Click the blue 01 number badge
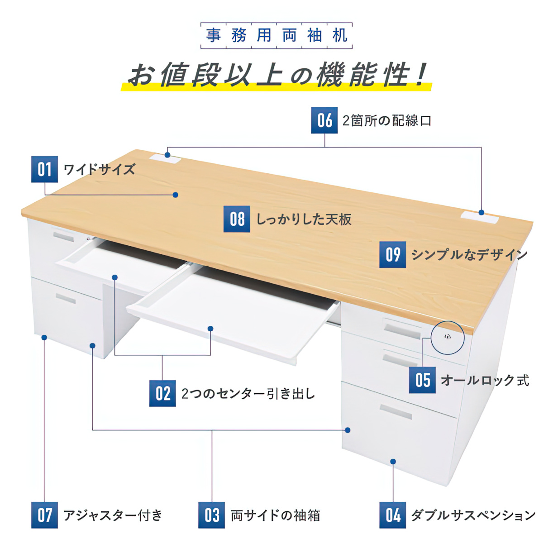(x=44, y=169)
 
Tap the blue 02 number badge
(x=162, y=393)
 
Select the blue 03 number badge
(x=211, y=515)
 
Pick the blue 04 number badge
(x=393, y=515)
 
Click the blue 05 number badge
(x=422, y=380)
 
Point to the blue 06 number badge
(x=324, y=120)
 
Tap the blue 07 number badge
(x=44, y=515)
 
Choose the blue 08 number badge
(x=237, y=219)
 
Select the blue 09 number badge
(x=393, y=254)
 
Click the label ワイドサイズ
(x=99, y=169)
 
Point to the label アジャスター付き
(x=113, y=515)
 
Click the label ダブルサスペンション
(x=473, y=515)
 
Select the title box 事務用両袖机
(x=276, y=36)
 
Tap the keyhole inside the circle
(x=447, y=337)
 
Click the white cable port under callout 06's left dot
(x=166, y=158)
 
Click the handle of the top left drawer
(x=63, y=236)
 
